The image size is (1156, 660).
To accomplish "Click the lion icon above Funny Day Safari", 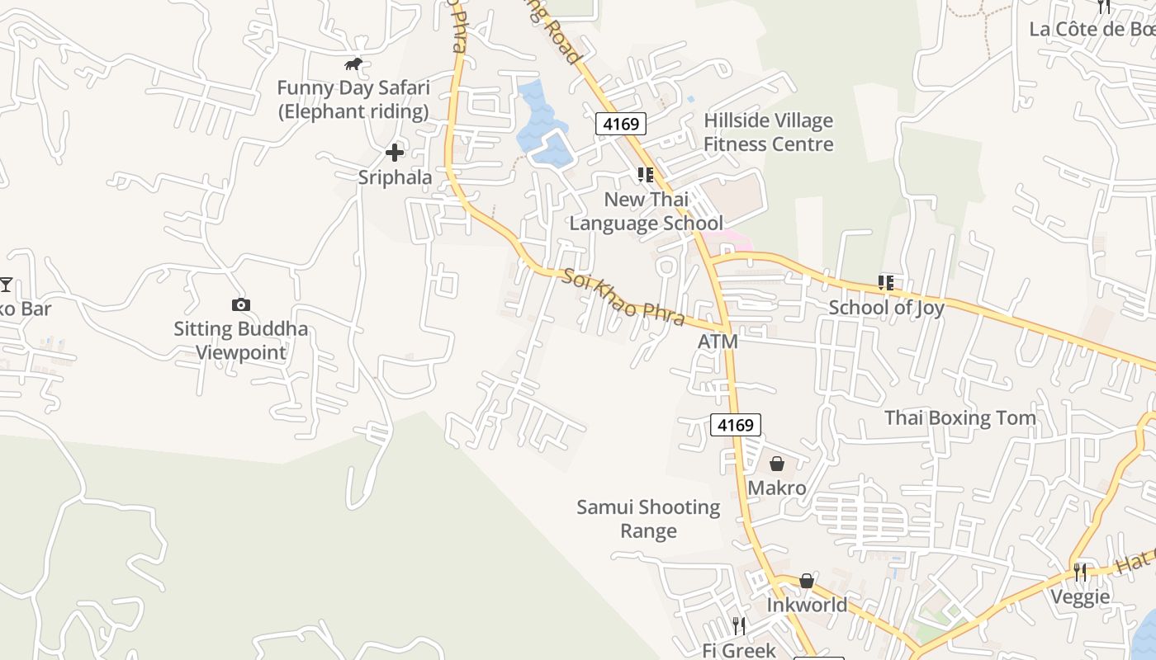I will pos(353,64).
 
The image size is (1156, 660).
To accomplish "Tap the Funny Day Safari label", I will pos(353,99).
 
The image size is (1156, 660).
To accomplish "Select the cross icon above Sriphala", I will pos(395,152).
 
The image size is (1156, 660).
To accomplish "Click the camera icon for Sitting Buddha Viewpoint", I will pos(240,304).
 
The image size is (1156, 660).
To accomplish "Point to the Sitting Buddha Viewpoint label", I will pos(240,341).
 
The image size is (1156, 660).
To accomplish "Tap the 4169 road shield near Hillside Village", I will pos(621,124).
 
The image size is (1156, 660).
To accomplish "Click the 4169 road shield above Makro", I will pos(735,425).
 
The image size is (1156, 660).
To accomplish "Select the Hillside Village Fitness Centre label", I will pos(768,132).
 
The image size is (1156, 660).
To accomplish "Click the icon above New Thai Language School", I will pos(646,175).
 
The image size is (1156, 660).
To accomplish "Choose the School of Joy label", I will pos(886,308).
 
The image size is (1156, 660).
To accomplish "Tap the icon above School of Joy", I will pos(886,283).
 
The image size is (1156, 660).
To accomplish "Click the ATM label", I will pos(718,342).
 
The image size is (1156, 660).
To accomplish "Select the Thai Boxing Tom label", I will pos(960,417).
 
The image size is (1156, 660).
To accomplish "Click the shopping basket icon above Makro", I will pos(776,464).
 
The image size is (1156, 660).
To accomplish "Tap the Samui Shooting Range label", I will pos(648,519).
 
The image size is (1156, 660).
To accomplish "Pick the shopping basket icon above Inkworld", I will pos(807,581).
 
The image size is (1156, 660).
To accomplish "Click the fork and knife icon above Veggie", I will pos(1080,572).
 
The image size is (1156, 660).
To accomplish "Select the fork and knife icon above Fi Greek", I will pos(738,625).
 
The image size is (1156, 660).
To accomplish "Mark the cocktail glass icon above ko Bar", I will pos(6,285).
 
